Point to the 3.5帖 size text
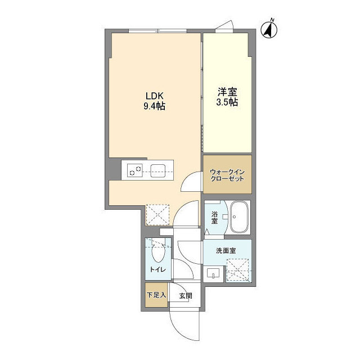(227, 102)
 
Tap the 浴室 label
(215, 217)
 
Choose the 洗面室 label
(226, 251)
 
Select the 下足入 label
(156, 295)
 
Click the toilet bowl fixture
(157, 253)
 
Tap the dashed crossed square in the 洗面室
(238, 269)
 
